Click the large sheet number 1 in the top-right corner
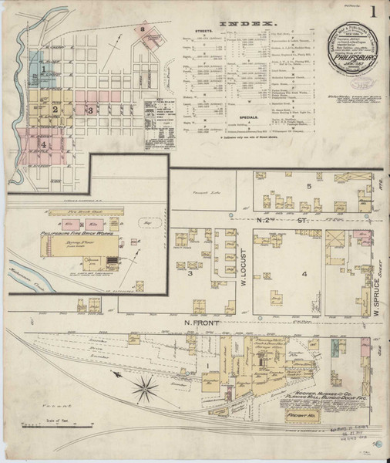click(373, 12)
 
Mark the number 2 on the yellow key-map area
click(56, 110)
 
